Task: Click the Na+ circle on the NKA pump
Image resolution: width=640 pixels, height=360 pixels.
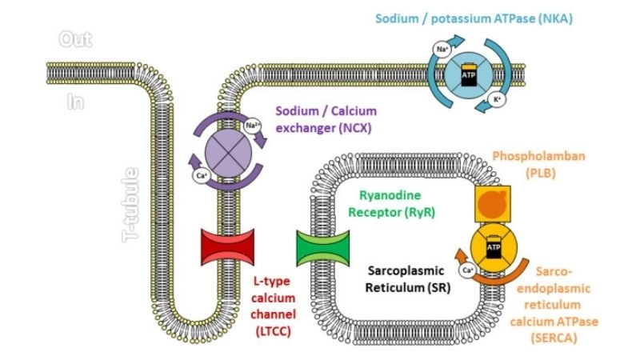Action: (x=442, y=50)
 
